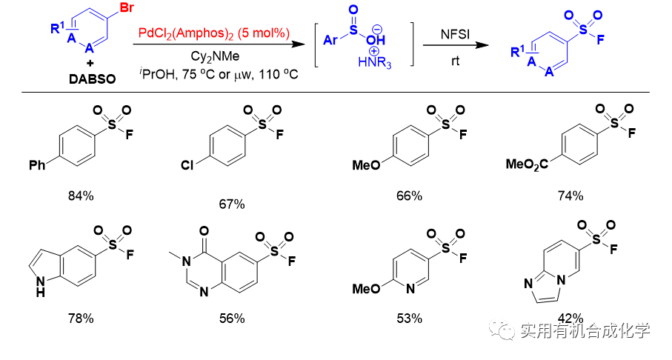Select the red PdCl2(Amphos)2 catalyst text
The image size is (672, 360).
point(213,33)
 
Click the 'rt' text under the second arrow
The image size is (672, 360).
point(456,61)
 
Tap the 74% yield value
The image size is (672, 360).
point(571,196)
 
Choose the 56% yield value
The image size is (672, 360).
point(231,319)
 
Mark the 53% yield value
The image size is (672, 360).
point(408,319)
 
